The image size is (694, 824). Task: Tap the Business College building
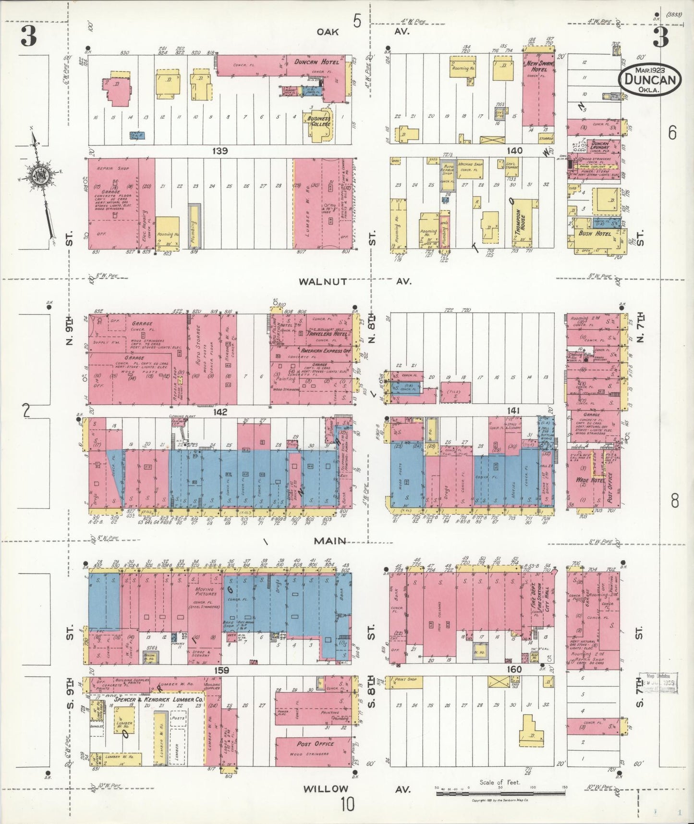click(x=319, y=123)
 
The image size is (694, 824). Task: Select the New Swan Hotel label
click(x=539, y=66)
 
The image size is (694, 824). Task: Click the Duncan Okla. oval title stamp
click(x=651, y=80)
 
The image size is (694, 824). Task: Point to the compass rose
click(x=37, y=175)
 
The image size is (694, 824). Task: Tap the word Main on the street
click(x=330, y=541)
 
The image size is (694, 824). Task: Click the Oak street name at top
click(x=328, y=32)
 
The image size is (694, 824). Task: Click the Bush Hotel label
click(x=595, y=234)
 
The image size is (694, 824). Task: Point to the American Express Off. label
click(x=325, y=351)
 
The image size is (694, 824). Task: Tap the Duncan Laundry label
click(x=600, y=146)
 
